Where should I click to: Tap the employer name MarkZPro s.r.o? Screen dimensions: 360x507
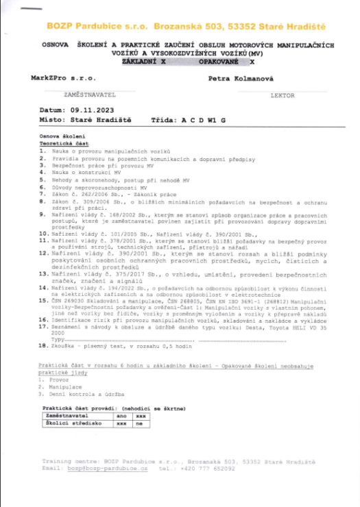pos(58,79)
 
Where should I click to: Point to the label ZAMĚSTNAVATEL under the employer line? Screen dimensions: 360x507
pos(79,95)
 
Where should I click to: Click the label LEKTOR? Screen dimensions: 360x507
pos(283,95)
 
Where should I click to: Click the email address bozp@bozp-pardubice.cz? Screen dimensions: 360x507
pos(108,469)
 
